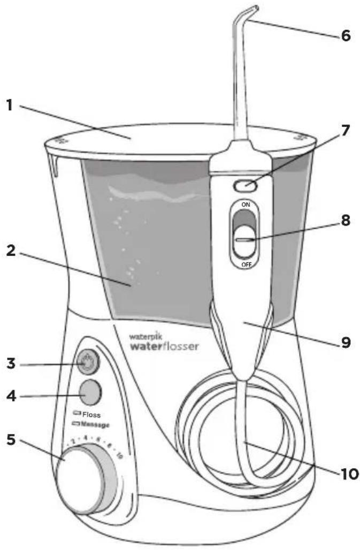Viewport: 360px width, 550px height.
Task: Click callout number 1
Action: [10, 104]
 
